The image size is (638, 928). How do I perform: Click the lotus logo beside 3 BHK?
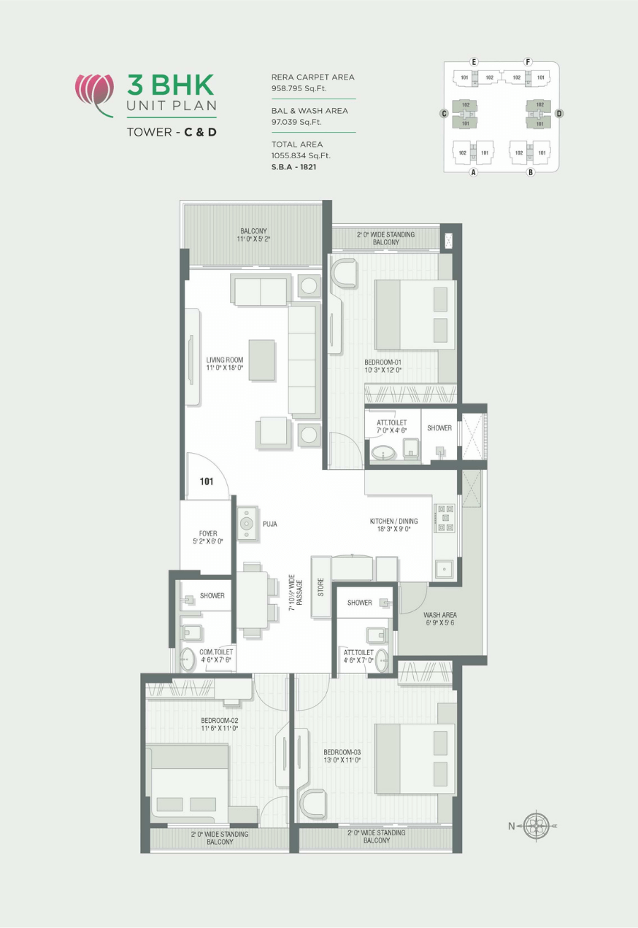95,90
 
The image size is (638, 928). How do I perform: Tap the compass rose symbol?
537,826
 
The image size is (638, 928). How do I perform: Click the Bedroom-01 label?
383,366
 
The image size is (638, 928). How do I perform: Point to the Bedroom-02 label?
220,724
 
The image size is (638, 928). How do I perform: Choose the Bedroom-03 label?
342,756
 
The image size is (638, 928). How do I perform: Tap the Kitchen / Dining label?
394,525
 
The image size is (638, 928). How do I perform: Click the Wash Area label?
439,619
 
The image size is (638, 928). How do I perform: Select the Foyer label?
208,537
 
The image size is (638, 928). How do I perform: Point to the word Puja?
270,524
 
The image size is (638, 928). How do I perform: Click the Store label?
320,587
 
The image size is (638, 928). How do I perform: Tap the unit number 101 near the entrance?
207,482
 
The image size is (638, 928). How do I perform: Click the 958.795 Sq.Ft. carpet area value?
299,88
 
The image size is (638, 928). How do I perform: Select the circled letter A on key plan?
473,172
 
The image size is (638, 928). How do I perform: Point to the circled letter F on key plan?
528,62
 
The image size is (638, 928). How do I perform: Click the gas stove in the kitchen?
445,517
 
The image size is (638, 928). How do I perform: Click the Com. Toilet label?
217,655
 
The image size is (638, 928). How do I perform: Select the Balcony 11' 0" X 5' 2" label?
253,235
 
